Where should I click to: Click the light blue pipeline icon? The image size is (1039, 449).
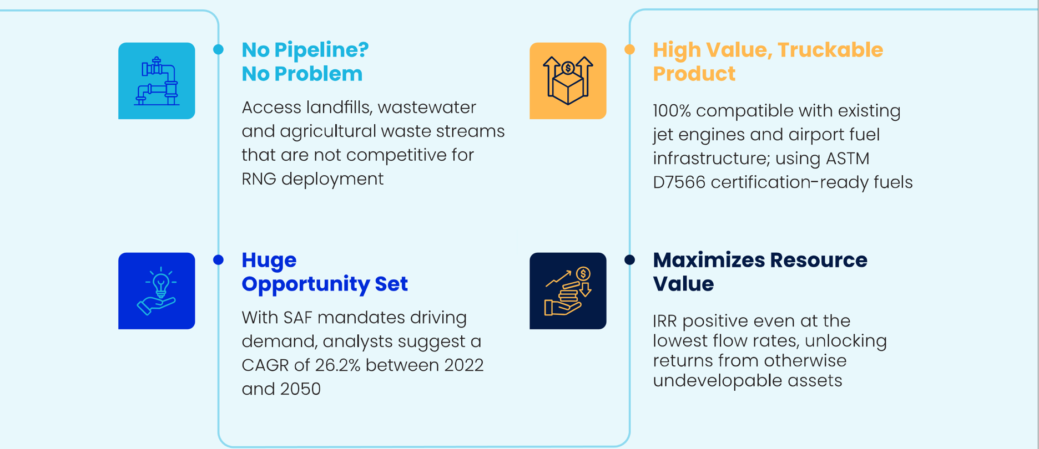tap(157, 81)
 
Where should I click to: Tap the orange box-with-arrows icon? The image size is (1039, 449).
tap(568, 81)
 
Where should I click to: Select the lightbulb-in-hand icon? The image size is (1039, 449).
tap(157, 291)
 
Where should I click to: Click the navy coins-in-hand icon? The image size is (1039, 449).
tap(568, 291)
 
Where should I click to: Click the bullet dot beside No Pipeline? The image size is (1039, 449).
tap(218, 49)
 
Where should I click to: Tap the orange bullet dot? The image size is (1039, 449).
tap(629, 49)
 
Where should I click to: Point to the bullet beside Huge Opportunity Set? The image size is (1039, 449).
tap(218, 259)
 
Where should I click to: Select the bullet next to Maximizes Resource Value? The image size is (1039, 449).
tap(629, 259)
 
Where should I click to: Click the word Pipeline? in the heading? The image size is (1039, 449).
tap(321, 50)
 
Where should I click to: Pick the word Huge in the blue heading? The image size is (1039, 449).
tap(269, 261)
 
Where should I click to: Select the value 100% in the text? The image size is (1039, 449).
tap(672, 111)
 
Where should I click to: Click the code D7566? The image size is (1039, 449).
tap(679, 182)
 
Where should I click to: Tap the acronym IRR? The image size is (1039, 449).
tap(664, 321)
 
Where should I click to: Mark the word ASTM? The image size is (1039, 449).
tap(848, 159)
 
